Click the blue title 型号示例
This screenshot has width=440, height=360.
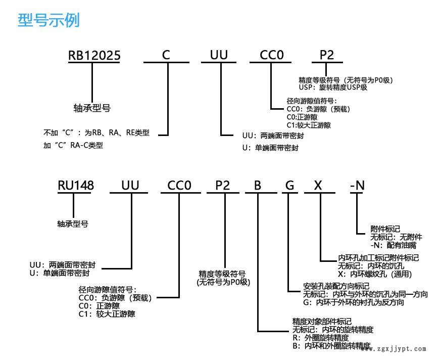pyautogui.click(x=48, y=21)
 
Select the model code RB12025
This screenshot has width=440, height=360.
pyautogui.click(x=94, y=55)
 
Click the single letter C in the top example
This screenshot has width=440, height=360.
pyautogui.click(x=166, y=55)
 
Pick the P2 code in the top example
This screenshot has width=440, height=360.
pyautogui.click(x=326, y=55)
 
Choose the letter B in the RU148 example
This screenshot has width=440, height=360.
pyautogui.click(x=258, y=186)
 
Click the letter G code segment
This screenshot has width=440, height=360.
pyautogui.click(x=289, y=186)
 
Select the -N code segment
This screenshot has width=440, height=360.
pyautogui.click(x=357, y=186)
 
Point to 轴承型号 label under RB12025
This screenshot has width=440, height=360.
pyautogui.click(x=92, y=108)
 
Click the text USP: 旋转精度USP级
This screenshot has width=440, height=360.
pyautogui.click(x=333, y=87)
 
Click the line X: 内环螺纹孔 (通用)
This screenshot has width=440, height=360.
pyautogui.click(x=375, y=274)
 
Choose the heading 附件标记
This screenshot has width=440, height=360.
pyautogui.click(x=385, y=229)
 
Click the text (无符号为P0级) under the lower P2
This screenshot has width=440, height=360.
pyautogui.click(x=223, y=282)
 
